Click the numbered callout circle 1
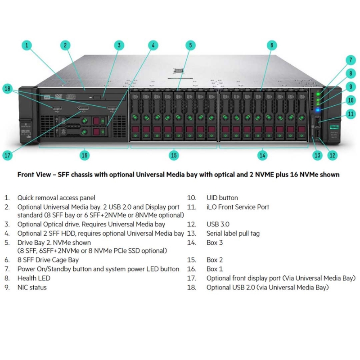[x=27, y=45]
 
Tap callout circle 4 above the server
[x=153, y=45]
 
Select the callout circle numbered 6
[x=271, y=45]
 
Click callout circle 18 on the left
[x=8, y=89]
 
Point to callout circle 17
[x=8, y=155]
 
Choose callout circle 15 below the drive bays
[x=174, y=155]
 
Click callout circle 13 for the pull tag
[x=318, y=155]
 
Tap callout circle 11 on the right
[x=351, y=114]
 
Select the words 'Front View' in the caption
[x=34, y=174]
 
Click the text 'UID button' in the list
[x=222, y=198]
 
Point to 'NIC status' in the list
[x=32, y=287]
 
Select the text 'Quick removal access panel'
[x=56, y=198]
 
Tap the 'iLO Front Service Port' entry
[x=238, y=207]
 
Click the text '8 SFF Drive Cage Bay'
[x=48, y=260]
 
